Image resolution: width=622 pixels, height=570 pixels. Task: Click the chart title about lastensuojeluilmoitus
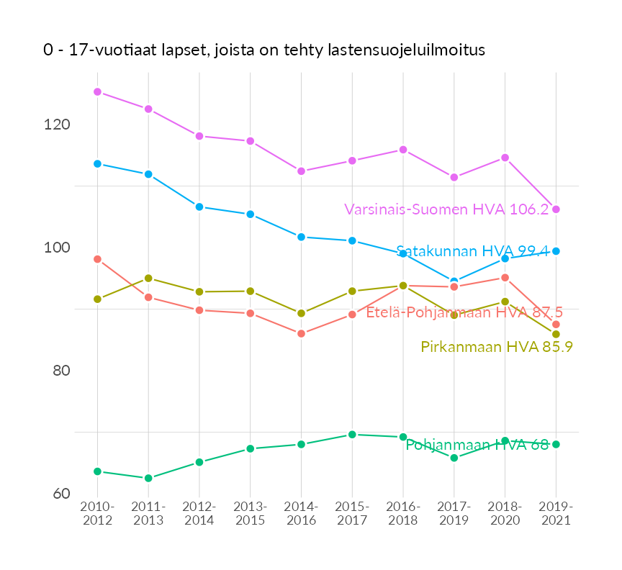263,50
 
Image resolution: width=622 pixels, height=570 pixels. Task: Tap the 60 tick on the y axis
60,494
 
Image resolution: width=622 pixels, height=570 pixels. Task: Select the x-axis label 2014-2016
301,514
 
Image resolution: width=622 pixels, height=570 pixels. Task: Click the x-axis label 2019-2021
556,514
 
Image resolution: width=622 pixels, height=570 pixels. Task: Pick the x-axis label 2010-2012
97,514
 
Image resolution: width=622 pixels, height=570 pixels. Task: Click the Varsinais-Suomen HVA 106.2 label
446,209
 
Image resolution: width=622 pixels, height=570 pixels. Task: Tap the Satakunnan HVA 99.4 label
472,251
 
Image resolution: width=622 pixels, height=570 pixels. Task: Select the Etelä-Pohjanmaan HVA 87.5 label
464,312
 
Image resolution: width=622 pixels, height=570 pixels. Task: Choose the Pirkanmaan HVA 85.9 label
497,347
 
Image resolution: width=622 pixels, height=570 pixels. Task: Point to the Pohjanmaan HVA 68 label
477,445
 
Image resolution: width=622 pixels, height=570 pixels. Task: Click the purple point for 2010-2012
97,92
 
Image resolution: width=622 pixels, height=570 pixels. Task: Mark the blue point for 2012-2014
199,207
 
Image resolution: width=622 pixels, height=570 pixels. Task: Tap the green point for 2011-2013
148,478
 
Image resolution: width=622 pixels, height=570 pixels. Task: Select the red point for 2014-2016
301,334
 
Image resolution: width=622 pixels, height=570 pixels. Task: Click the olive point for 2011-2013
148,278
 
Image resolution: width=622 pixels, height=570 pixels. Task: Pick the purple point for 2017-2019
454,177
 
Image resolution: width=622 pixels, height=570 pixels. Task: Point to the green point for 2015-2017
352,435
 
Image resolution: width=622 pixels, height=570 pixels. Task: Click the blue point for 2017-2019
454,281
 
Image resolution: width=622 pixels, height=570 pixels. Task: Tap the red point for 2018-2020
505,278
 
